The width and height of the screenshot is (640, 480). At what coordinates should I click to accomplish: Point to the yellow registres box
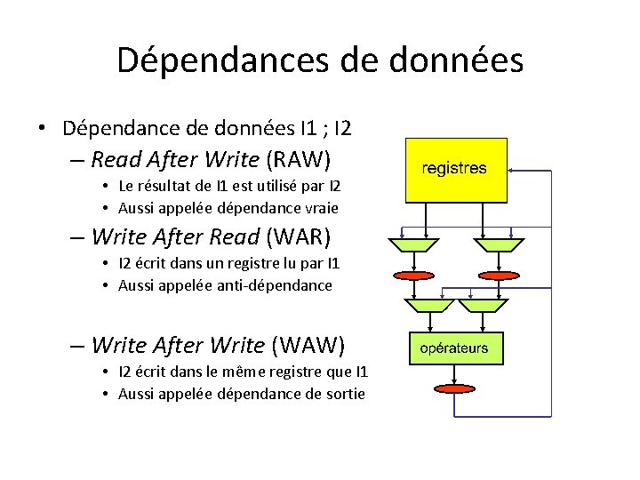(454, 169)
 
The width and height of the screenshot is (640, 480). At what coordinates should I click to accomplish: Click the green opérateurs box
(454, 348)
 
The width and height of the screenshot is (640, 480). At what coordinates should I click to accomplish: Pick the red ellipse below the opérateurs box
(454, 388)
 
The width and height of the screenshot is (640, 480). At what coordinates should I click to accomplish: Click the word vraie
(321, 208)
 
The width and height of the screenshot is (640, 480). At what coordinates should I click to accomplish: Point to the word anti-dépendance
(279, 285)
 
